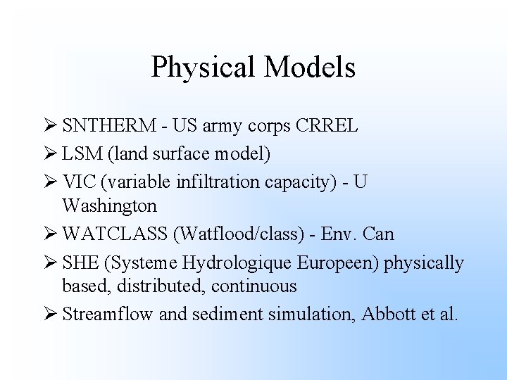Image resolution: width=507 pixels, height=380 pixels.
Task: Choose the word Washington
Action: (x=109, y=206)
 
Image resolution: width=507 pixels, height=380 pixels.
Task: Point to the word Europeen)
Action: (x=339, y=264)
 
